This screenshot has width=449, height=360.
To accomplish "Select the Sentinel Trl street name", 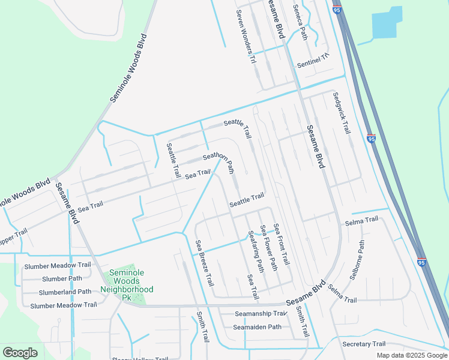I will click(313, 60).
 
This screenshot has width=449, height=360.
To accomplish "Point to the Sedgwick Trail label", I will click(340, 112).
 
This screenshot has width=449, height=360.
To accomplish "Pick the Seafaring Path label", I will click(256, 251).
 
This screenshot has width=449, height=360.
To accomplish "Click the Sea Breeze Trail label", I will click(204, 263).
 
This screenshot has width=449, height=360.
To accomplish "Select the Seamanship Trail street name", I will click(261, 313).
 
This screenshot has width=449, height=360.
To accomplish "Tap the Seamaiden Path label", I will click(258, 327).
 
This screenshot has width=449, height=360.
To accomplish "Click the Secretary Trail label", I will click(364, 344).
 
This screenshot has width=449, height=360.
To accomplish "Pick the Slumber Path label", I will click(62, 278).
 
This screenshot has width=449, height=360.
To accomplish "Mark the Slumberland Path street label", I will click(65, 292).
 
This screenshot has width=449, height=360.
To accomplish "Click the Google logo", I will click(20, 353).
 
